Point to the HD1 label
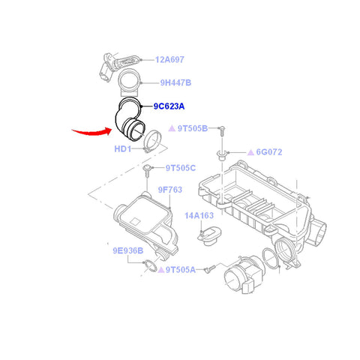[123, 149]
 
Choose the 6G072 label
[268, 151]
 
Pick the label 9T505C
[181, 168]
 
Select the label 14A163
[199, 215]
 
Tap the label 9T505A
[180, 269]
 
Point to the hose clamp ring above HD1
[154, 139]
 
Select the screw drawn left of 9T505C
[148, 173]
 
